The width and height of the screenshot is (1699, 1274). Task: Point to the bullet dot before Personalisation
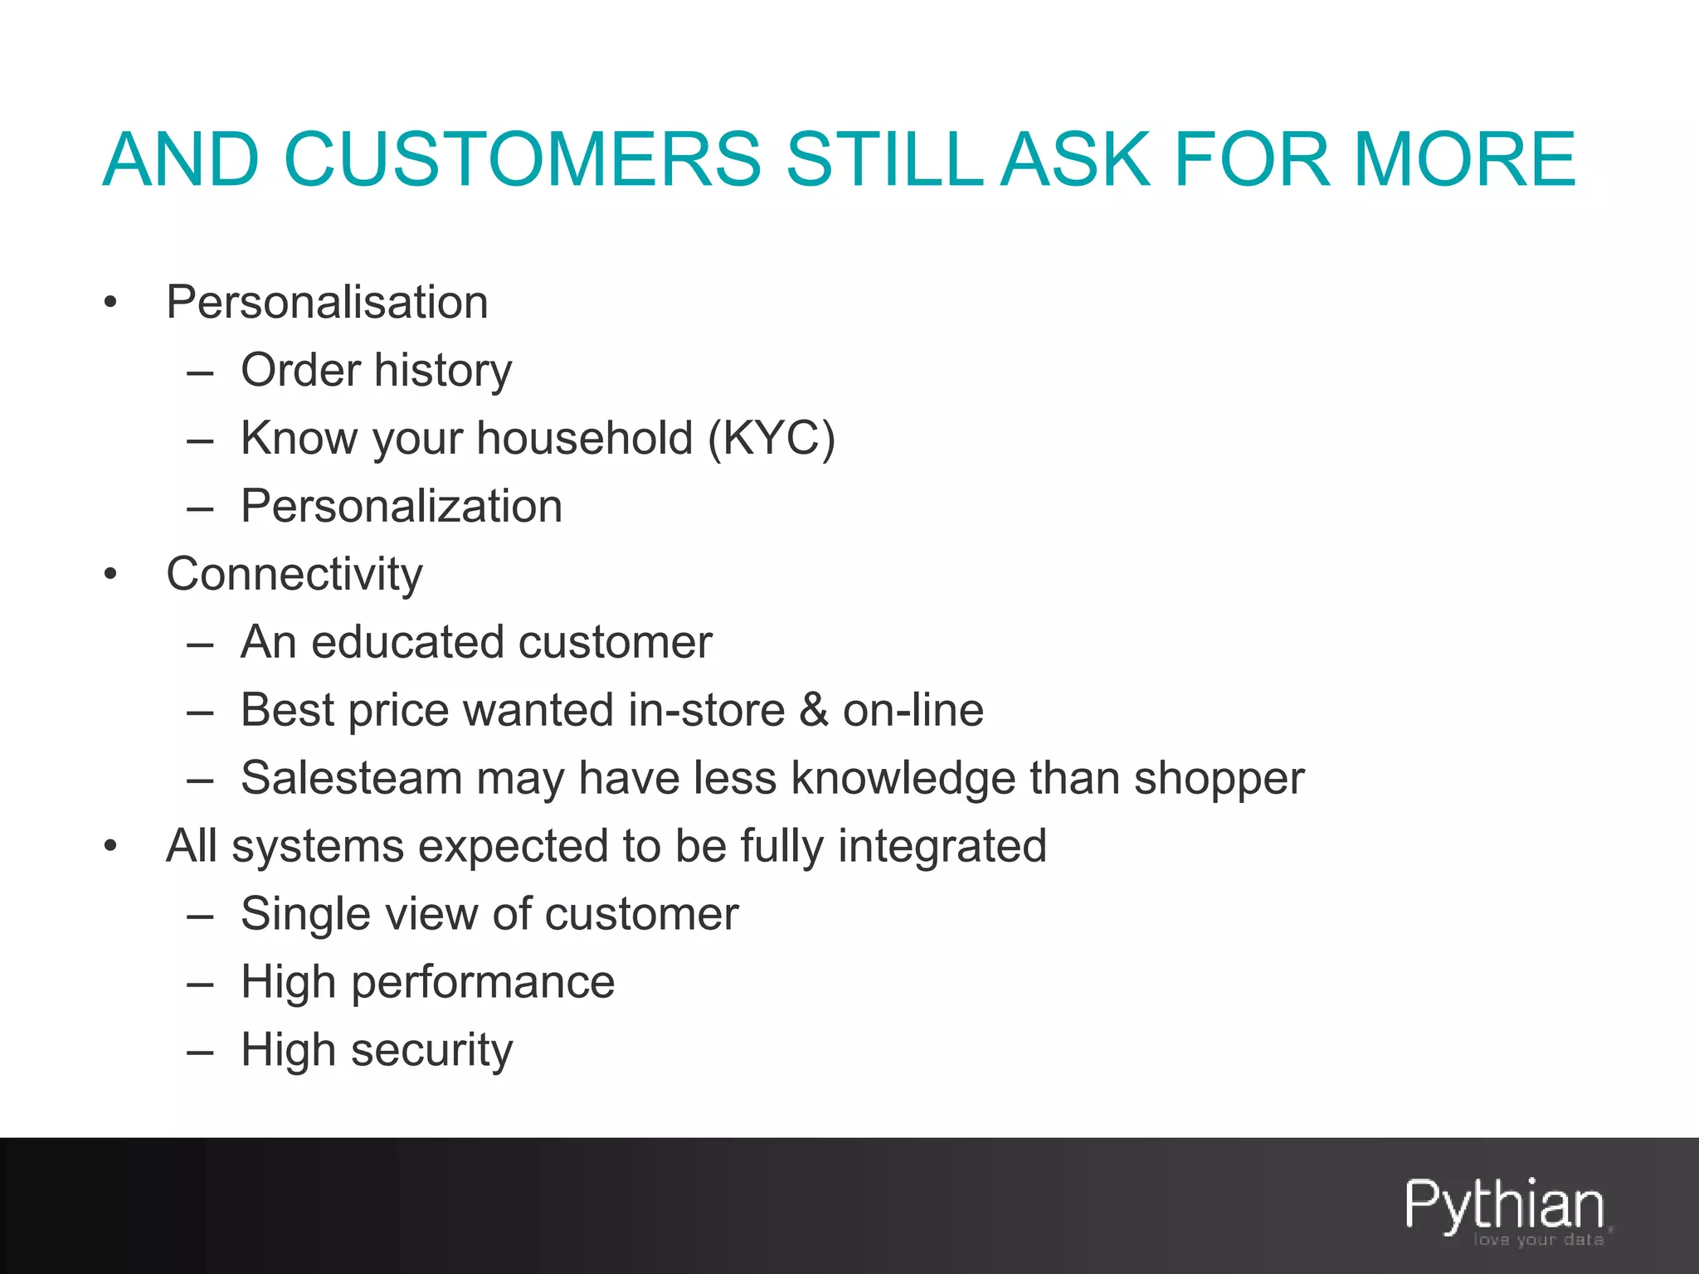pos(111,304)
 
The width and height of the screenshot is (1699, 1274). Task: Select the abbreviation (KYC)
pos(771,438)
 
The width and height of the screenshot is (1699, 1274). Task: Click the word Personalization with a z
pos(402,506)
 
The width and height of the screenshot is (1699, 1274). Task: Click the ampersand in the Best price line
pos(814,710)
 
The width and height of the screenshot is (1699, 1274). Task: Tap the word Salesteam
pos(351,778)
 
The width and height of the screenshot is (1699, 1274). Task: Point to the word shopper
pos(1219,780)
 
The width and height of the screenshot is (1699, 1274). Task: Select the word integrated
pos(942,847)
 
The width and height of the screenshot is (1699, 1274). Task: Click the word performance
pos(483,983)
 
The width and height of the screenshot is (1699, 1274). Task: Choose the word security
pos(431,1051)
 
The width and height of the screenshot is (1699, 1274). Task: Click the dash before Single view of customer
pos(201,916)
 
